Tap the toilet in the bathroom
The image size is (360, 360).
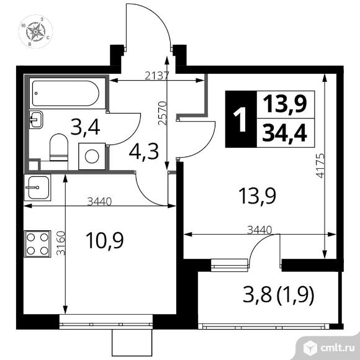coord(59,147)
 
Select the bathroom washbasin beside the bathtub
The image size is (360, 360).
coord(36,120)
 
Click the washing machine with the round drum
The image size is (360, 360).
coord(92,156)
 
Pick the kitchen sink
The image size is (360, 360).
coord(37,187)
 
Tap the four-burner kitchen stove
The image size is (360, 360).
coord(38,244)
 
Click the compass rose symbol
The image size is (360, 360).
coord(35,32)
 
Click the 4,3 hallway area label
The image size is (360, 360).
coord(144,152)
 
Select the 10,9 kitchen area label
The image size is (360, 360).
coord(105,240)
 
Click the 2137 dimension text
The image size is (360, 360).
coord(157,76)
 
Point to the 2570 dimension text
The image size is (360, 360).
coord(162,113)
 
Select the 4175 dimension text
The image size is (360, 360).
coord(320,166)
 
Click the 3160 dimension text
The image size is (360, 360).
coord(61,243)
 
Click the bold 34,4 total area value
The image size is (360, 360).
coord(285,133)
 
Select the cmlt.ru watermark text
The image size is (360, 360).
coord(338,348)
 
